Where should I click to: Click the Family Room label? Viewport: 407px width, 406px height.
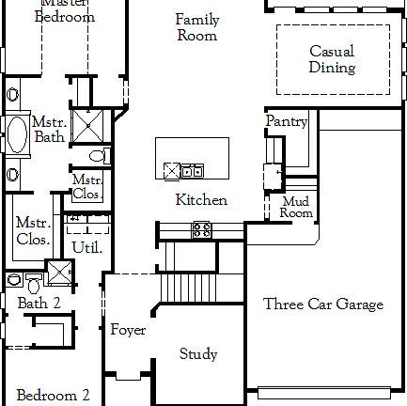tap(197, 27)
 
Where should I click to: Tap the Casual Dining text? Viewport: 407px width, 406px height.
tap(332, 59)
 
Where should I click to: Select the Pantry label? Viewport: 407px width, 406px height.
tap(287, 121)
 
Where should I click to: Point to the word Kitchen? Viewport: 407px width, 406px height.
tap(201, 199)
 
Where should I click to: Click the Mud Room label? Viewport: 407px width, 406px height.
tap(296, 207)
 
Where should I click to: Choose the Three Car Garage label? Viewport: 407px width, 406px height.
tap(323, 304)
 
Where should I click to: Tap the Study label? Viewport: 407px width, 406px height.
tap(198, 354)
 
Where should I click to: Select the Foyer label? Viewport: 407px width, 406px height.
tap(128, 330)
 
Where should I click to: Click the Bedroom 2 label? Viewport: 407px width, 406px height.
tap(53, 395)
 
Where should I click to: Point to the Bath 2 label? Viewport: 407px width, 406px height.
tap(39, 303)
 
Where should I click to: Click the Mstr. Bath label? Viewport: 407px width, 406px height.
tap(49, 130)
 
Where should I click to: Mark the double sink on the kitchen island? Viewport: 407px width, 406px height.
tap(191, 170)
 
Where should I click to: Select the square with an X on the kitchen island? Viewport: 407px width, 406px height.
tap(172, 170)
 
